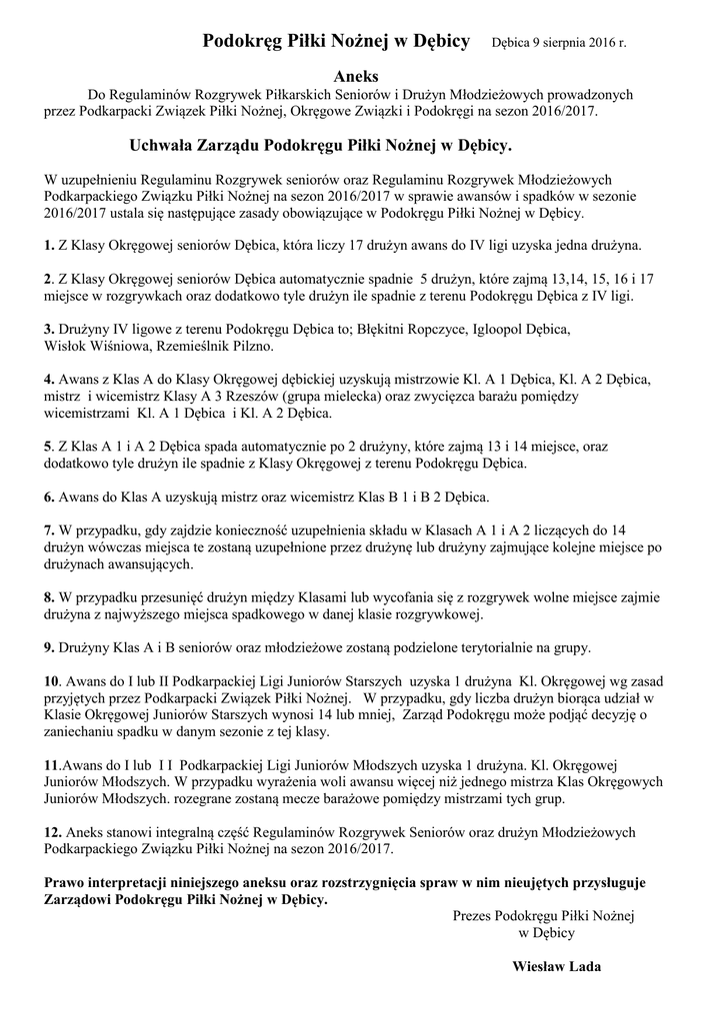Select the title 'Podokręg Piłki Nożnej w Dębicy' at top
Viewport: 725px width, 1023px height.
pyautogui.click(x=336, y=41)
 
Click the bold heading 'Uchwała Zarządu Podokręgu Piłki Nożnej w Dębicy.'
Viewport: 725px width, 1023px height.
pyautogui.click(x=321, y=146)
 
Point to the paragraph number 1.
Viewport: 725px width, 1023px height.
pyautogui.click(x=49, y=244)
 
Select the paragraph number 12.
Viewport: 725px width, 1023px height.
pyautogui.click(x=54, y=831)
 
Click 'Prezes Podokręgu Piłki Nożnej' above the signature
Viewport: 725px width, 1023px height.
pyautogui.click(x=544, y=914)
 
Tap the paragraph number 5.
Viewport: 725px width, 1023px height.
pyautogui.click(x=49, y=447)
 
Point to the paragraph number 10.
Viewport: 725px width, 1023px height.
pyautogui.click(x=54, y=679)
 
